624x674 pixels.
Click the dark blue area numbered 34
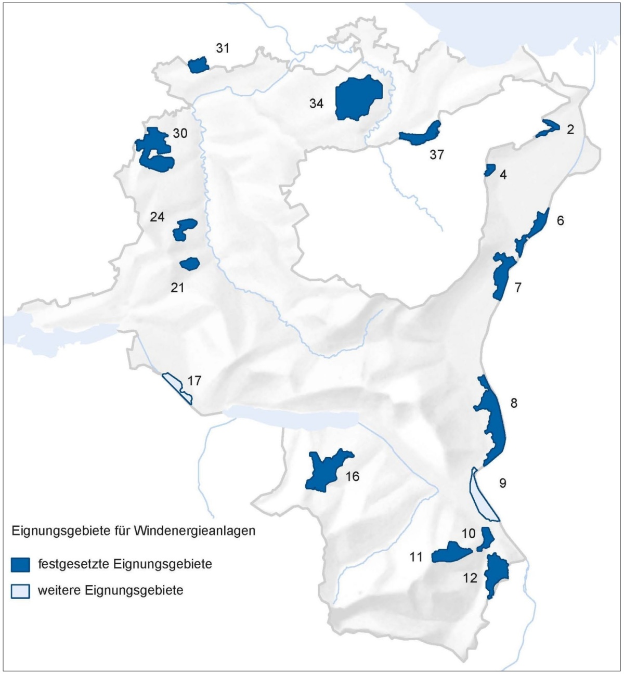point(359,99)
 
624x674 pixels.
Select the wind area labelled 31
point(198,66)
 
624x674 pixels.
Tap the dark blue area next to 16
point(325,471)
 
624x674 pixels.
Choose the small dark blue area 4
point(489,170)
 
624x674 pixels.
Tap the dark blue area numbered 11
point(450,553)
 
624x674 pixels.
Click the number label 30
point(180,134)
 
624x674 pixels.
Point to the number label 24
point(157,217)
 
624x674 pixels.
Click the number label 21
point(178,287)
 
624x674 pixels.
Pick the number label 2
point(570,129)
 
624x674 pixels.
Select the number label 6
point(560,221)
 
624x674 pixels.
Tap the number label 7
point(518,287)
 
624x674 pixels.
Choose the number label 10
point(469,534)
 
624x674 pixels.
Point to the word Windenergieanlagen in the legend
point(194,532)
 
